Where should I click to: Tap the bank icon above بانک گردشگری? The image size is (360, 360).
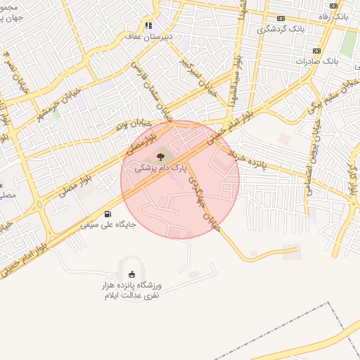point(281,18)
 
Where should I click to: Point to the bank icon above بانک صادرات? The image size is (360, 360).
point(316,51)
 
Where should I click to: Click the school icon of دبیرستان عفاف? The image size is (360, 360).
point(148,25)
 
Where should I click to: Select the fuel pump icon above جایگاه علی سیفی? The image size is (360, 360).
point(107,214)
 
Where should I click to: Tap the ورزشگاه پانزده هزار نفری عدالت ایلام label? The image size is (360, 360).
point(132,290)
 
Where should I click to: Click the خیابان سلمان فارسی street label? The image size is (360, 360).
point(155,91)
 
